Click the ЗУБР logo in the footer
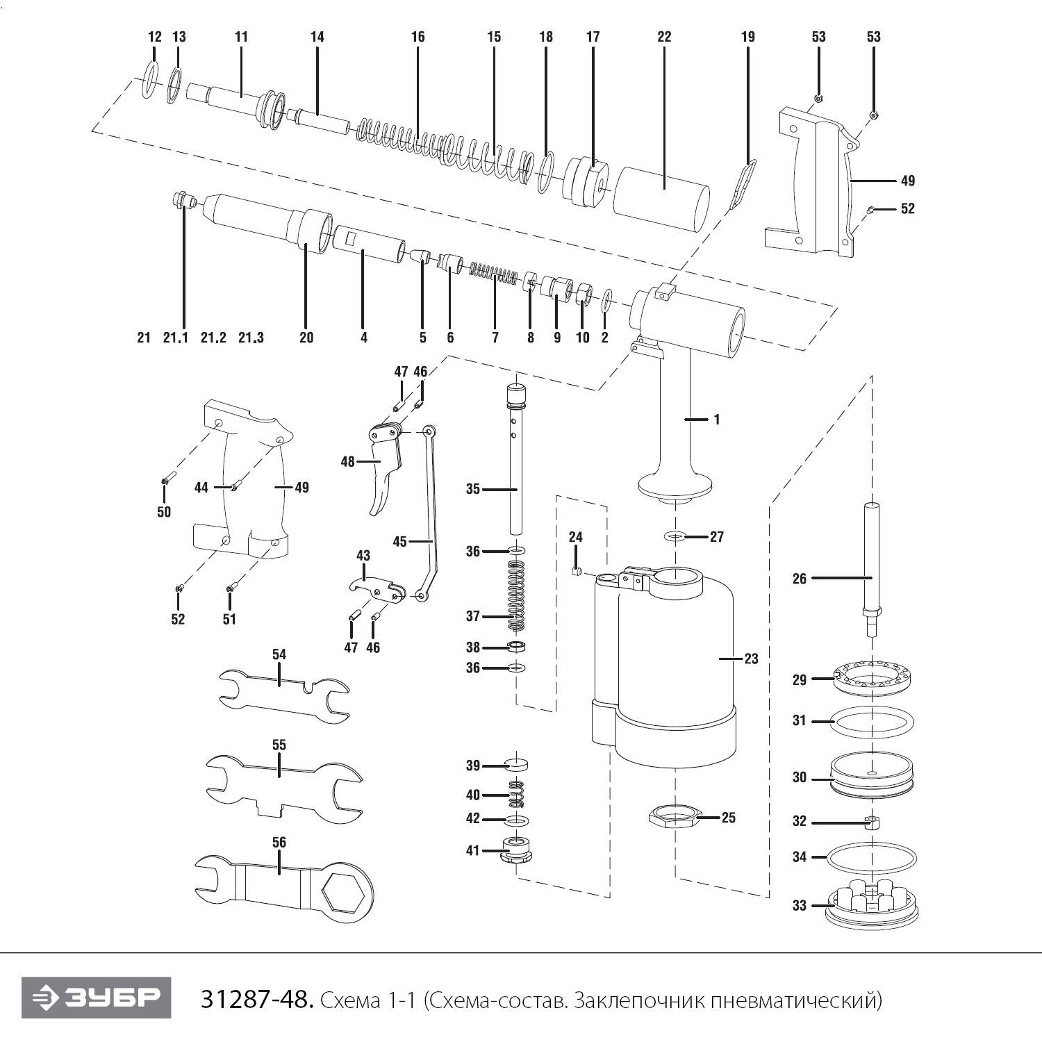click(96, 998)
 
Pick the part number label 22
click(664, 37)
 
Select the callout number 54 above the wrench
click(279, 654)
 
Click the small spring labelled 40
click(516, 794)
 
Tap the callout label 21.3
click(251, 338)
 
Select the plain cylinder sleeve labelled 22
click(661, 198)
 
